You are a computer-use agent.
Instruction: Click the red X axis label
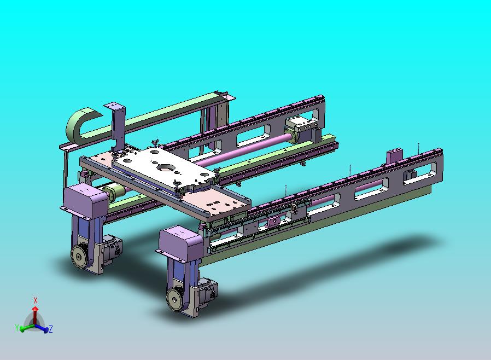click(x=36, y=300)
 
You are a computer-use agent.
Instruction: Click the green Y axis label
click(x=17, y=328)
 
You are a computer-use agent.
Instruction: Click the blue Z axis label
click(x=51, y=329)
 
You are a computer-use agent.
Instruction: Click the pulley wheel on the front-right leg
click(x=174, y=299)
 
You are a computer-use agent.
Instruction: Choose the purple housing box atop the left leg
click(x=85, y=201)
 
